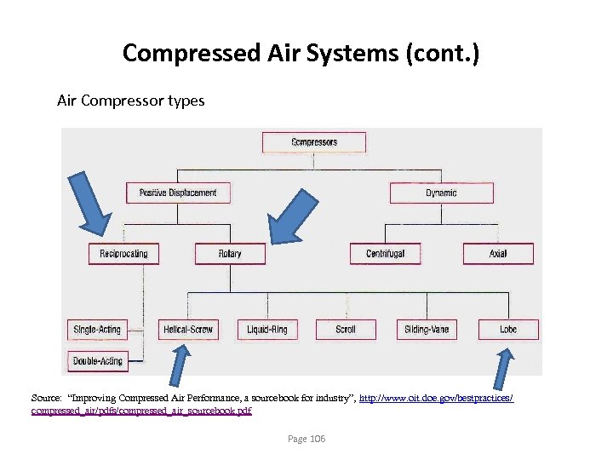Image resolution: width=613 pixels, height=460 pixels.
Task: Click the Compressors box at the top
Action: [x=314, y=142]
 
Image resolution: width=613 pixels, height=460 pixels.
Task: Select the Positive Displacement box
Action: [x=178, y=193]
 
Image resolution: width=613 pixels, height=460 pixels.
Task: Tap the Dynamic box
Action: [x=441, y=193]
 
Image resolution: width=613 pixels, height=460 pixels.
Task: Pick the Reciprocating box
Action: [x=123, y=253]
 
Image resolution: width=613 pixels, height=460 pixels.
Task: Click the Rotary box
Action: [x=230, y=253]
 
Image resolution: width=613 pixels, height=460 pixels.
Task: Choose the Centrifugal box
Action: [x=385, y=253]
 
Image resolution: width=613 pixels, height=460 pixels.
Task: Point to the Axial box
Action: [x=498, y=253]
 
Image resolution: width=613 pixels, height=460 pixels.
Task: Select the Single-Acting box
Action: [x=97, y=329]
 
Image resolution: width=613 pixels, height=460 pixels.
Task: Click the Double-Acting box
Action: [x=97, y=361]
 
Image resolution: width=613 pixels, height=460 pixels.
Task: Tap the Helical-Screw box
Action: [x=188, y=329]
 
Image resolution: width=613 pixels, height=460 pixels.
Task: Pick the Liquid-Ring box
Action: [x=267, y=329]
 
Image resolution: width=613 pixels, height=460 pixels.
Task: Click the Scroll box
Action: [x=346, y=329]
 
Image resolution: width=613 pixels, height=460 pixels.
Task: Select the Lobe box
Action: [x=507, y=329]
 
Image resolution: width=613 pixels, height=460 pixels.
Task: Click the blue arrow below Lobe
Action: [x=502, y=370]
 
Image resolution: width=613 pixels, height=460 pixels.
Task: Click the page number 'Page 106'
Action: [x=306, y=439]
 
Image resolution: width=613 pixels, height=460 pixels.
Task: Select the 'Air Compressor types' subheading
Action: [x=130, y=101]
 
